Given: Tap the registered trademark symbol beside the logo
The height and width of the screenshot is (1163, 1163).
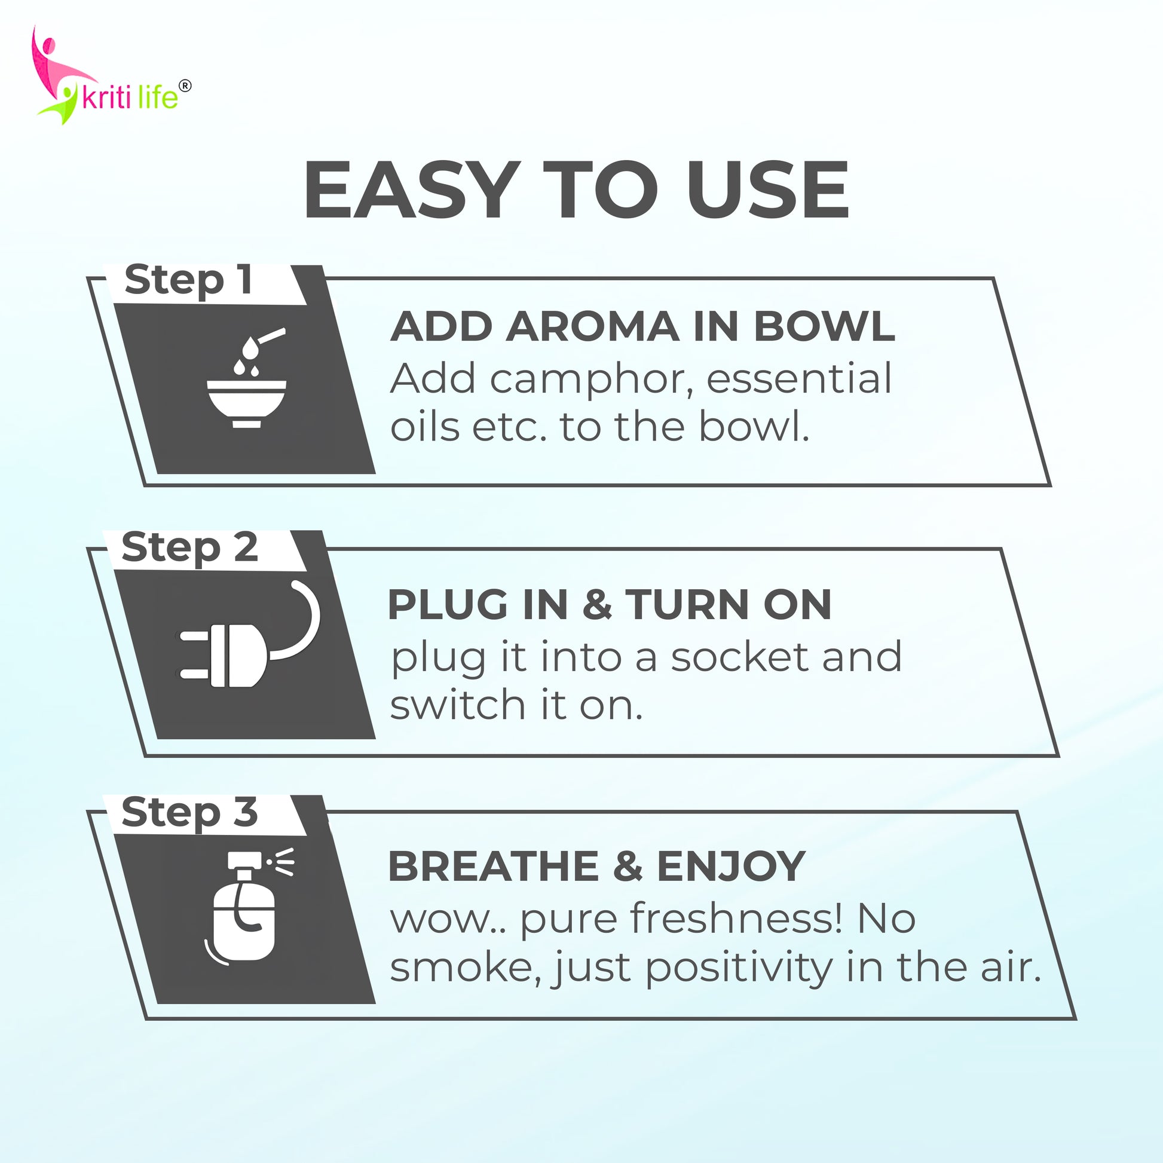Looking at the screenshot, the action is click(185, 86).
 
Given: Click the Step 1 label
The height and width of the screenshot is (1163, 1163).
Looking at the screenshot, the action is click(188, 280).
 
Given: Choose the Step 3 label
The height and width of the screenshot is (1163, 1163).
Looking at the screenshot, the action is click(189, 813).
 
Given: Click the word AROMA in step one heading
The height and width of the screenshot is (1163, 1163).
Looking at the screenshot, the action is click(592, 327).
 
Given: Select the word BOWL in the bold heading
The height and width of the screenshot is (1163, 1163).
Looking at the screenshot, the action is click(824, 327).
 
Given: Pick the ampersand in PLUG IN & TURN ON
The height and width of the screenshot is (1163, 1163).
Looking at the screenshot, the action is click(597, 604).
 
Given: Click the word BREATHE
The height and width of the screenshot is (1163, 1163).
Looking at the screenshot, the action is click(494, 867).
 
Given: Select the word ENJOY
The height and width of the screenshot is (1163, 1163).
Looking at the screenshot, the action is click(731, 867).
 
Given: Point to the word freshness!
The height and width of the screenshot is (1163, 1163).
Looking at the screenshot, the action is click(681, 919).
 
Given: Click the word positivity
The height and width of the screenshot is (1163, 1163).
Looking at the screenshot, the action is click(739, 970).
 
